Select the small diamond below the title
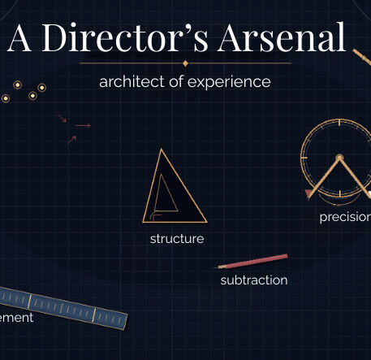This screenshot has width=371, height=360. pyautogui.click(x=185, y=63)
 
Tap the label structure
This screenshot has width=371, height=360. pyautogui.click(x=176, y=239)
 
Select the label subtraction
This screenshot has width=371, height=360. pyautogui.click(x=253, y=280)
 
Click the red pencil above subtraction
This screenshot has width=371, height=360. pyautogui.click(x=252, y=262)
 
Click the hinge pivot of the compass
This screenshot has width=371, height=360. pyautogui.click(x=339, y=157)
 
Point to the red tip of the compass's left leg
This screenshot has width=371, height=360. pyautogui.click(x=308, y=194)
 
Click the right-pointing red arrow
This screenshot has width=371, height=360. pyautogui.click(x=84, y=125)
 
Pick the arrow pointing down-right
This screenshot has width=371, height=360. pyautogui.click(x=63, y=119)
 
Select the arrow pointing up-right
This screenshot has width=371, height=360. pyautogui.click(x=71, y=139)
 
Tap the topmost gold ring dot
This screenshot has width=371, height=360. pyautogui.click(x=15, y=83)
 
